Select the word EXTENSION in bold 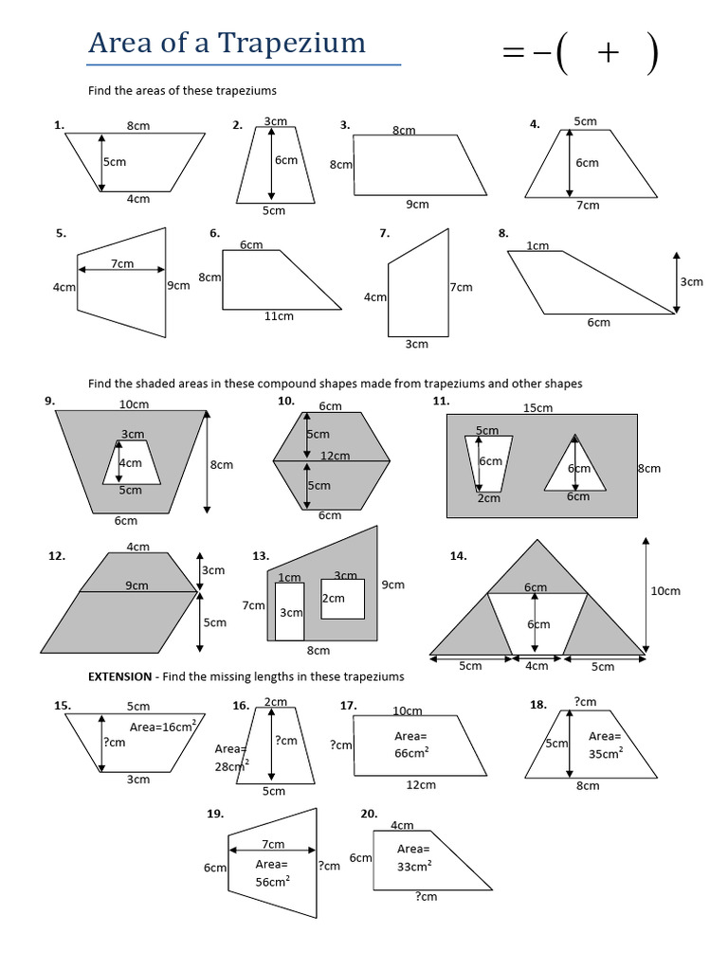click(119, 676)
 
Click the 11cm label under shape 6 click(279, 316)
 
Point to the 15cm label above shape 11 click(537, 407)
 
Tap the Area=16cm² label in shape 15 click(162, 727)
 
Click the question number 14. click(459, 556)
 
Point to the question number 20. click(369, 814)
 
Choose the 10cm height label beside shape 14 click(664, 591)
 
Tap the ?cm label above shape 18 click(585, 702)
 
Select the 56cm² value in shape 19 click(272, 880)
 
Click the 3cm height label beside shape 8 click(691, 281)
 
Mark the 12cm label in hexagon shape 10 click(336, 456)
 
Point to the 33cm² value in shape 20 click(414, 865)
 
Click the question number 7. click(384, 232)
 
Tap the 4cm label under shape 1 click(138, 198)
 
